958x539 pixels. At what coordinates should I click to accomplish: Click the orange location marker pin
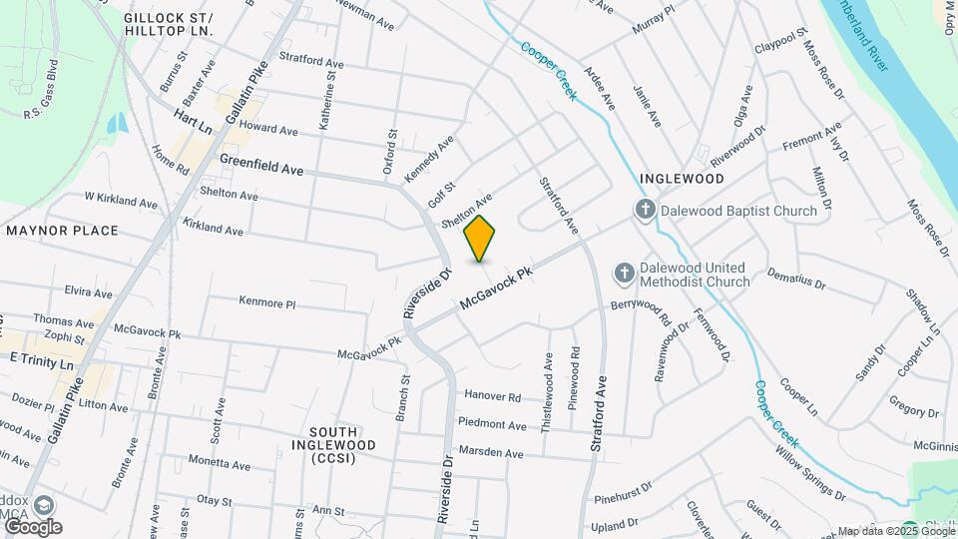pyautogui.click(x=480, y=238)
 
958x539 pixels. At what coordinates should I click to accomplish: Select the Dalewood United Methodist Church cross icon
pyautogui.click(x=625, y=272)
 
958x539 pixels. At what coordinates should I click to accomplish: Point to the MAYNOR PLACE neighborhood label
pyautogui.click(x=62, y=231)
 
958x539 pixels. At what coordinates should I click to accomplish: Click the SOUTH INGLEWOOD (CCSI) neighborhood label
pyautogui.click(x=334, y=451)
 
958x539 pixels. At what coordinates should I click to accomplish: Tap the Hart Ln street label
pyautogui.click(x=193, y=122)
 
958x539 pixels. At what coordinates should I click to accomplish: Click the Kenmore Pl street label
pyautogui.click(x=267, y=301)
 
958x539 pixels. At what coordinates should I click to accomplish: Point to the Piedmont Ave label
pyautogui.click(x=492, y=424)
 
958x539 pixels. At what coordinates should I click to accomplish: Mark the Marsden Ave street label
pyautogui.click(x=490, y=453)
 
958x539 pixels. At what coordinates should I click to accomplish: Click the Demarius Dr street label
pyautogui.click(x=795, y=278)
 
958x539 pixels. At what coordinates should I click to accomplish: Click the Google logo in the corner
pyautogui.click(x=32, y=527)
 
